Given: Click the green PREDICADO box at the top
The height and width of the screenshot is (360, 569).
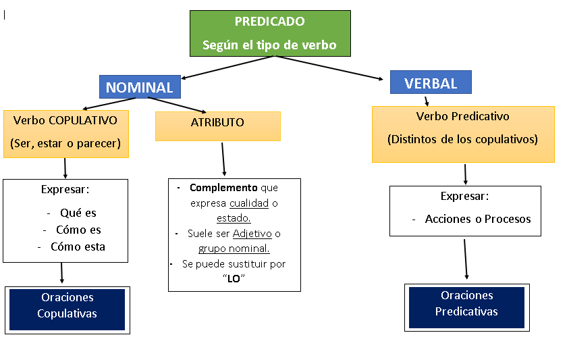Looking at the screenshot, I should tap(270, 32).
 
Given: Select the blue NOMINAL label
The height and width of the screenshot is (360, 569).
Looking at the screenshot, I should tap(140, 87).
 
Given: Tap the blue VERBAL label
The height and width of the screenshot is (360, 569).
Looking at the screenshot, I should tap(431, 82).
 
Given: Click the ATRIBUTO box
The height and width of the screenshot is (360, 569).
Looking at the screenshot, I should tap(217, 126).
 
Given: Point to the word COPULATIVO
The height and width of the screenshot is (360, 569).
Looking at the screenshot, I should tap(83, 120).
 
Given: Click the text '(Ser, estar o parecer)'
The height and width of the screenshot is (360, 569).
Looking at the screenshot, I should tap(65, 143).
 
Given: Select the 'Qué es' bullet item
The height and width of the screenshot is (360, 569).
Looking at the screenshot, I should tap(78, 213).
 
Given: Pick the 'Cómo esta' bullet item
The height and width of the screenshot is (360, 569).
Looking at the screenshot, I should tap(78, 247).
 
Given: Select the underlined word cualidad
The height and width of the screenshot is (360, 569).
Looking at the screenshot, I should tap(248, 203).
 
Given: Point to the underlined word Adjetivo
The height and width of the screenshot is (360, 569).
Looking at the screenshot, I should tap(252, 234).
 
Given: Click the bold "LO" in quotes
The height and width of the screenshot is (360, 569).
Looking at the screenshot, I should tap(235, 278).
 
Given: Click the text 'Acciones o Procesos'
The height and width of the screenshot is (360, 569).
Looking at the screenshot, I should tap(477, 219).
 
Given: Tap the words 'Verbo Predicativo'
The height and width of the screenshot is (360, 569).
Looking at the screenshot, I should tap(462, 116).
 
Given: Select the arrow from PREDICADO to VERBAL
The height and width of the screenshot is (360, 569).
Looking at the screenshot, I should tap(331, 68).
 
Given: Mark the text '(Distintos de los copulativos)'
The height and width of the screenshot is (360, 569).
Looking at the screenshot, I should tap(462, 140).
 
